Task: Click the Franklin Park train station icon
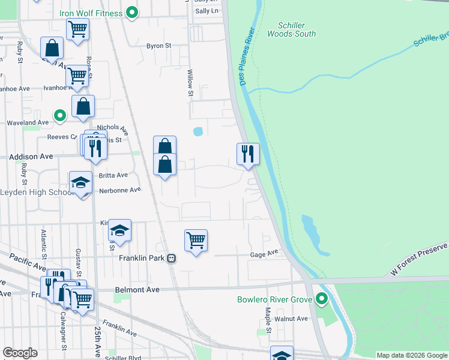172,259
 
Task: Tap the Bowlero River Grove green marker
322,298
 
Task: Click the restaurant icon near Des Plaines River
247,154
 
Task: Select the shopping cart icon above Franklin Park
196,240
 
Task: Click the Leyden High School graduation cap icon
81,183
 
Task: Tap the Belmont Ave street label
137,289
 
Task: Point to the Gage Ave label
264,254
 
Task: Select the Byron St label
159,46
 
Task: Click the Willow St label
190,83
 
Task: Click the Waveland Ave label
27,122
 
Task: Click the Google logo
20,353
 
